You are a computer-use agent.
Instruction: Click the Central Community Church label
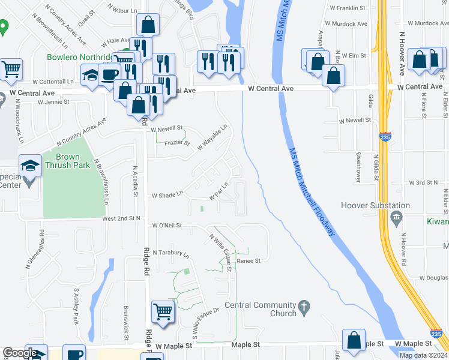(261, 309)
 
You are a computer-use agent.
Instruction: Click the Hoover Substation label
(375, 205)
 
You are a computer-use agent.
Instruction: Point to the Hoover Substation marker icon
(396, 216)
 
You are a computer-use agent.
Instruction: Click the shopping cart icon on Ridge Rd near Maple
(162, 311)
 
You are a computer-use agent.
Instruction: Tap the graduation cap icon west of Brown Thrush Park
(29, 165)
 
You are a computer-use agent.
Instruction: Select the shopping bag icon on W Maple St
(354, 339)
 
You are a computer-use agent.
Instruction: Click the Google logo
(20, 353)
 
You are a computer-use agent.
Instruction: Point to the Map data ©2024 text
(422, 355)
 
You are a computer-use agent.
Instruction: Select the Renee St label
(249, 261)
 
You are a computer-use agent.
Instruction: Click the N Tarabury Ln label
(170, 254)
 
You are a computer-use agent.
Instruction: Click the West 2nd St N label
(121, 219)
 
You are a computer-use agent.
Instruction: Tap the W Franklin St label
(348, 8)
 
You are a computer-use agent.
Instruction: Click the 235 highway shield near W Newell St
(385, 137)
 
